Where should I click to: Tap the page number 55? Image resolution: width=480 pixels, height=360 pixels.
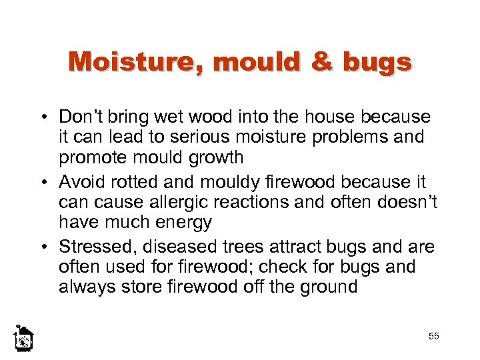coord(434,336)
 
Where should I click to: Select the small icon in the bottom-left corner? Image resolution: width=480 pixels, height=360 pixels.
coord(23,339)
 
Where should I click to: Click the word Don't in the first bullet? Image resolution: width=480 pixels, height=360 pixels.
coord(79,117)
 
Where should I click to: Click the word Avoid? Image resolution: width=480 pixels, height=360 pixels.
coord(78,182)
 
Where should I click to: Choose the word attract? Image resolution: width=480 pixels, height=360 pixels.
coord(287,247)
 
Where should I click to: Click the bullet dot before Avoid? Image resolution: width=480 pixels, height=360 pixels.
coord(49,183)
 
